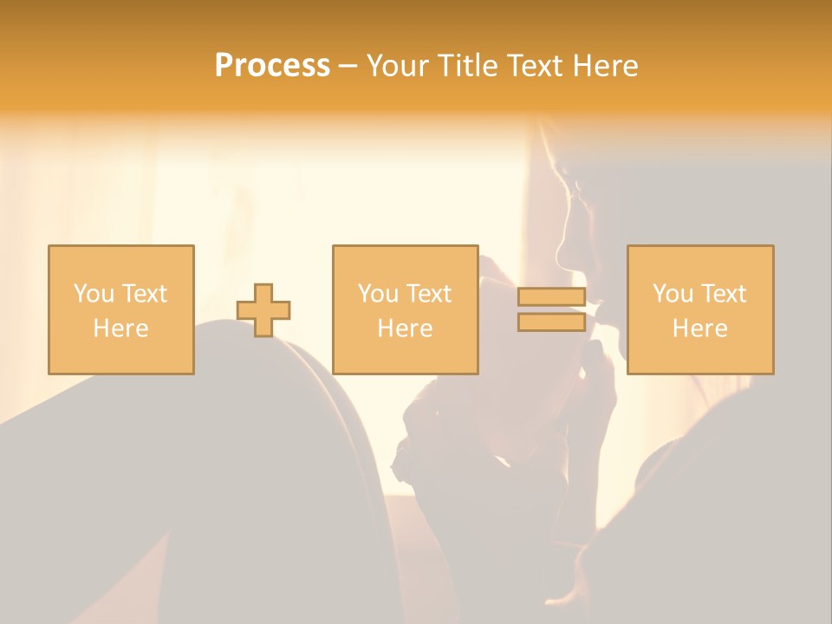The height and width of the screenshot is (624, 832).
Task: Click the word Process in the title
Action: click(x=272, y=66)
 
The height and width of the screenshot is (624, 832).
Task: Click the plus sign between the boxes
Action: click(x=263, y=310)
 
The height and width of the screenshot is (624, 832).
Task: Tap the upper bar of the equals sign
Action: click(x=551, y=297)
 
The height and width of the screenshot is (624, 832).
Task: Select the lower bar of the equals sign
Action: click(x=551, y=322)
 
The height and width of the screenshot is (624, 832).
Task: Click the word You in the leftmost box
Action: click(x=94, y=294)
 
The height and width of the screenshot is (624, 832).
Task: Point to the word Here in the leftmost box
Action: click(x=120, y=328)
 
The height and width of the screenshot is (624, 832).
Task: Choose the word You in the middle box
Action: click(x=378, y=294)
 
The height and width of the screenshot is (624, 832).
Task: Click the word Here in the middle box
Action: click(x=405, y=328)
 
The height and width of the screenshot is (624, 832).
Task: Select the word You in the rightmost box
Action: click(x=673, y=294)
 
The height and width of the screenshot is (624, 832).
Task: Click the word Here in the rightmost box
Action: click(x=699, y=328)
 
